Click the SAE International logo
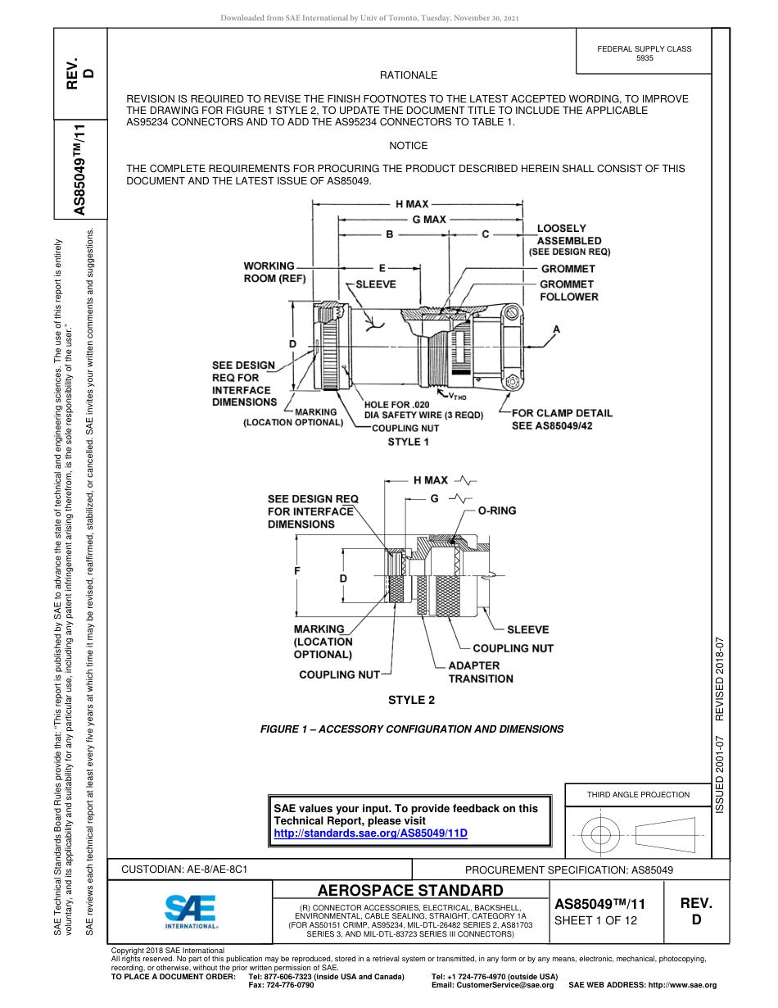coord(191,910)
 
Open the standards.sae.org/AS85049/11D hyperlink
coord(369,833)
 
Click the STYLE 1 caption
coord(409,443)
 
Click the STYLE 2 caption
coord(411,700)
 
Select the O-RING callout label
coord(497,511)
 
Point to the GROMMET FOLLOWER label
coord(568,290)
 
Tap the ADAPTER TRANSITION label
coord(481,672)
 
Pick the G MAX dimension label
coord(429,220)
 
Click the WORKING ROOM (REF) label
coord(274,272)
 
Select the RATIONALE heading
coord(409,75)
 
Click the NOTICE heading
coord(409,146)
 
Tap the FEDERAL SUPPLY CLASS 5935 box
coord(644,53)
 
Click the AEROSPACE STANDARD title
coord(410,891)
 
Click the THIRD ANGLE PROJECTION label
coord(638,794)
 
